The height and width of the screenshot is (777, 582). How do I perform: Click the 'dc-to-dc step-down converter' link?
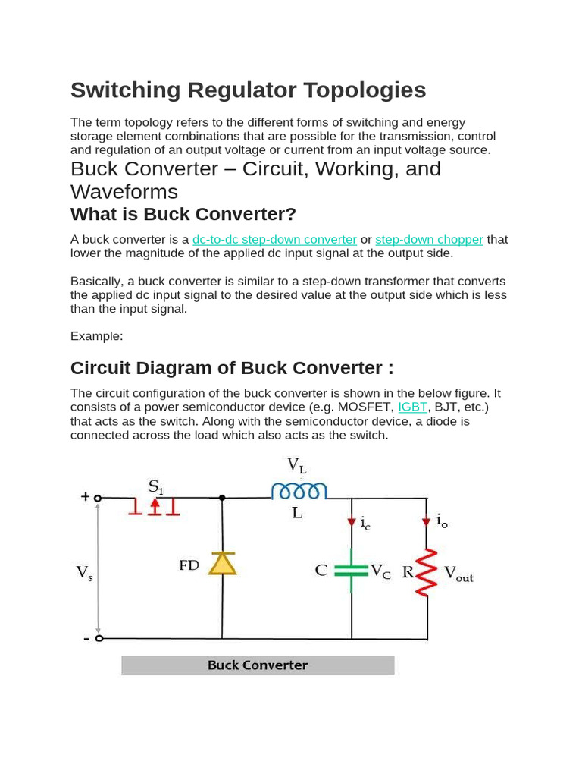pyautogui.click(x=274, y=240)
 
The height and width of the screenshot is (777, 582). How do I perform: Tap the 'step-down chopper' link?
pyautogui.click(x=429, y=240)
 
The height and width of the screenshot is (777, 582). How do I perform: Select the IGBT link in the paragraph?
pyautogui.click(x=412, y=407)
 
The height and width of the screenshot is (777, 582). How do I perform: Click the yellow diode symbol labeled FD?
pyautogui.click(x=222, y=563)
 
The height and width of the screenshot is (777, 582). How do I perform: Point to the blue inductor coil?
pyautogui.click(x=300, y=492)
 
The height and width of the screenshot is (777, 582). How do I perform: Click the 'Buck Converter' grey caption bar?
pyautogui.click(x=258, y=665)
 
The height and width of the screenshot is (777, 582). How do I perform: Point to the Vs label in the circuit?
pyautogui.click(x=85, y=573)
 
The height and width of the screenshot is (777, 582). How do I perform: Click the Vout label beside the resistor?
pyautogui.click(x=458, y=574)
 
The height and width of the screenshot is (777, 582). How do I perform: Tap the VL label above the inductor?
pyautogui.click(x=296, y=465)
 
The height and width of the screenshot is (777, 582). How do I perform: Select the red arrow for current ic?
pyautogui.click(x=352, y=521)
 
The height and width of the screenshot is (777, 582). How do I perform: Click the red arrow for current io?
pyautogui.click(x=427, y=521)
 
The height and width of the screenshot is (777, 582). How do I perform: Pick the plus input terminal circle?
pyautogui.click(x=98, y=499)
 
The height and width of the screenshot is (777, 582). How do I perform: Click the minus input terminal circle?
pyautogui.click(x=98, y=638)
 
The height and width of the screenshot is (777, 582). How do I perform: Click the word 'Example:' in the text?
pyautogui.click(x=96, y=335)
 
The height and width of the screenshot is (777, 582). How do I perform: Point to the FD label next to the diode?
pyautogui.click(x=189, y=565)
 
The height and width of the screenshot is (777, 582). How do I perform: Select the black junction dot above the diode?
pyautogui.click(x=222, y=499)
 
